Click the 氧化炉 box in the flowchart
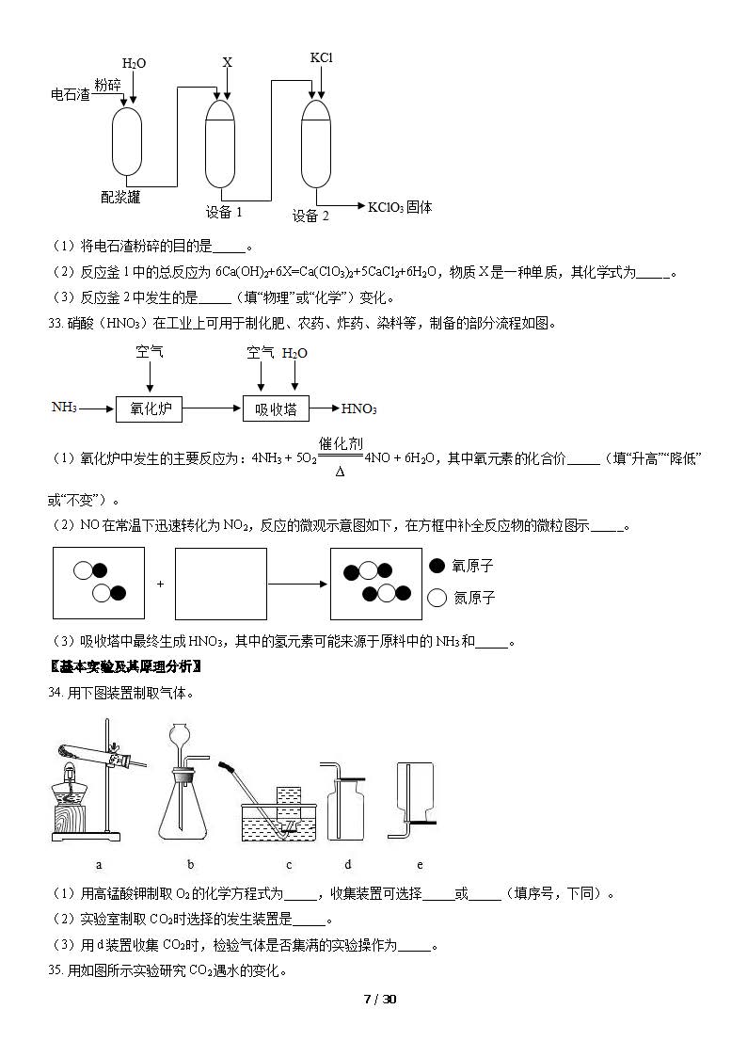point(149,408)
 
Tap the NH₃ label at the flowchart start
point(64,408)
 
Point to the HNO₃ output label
point(358,408)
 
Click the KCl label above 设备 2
point(322,58)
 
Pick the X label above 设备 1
point(227,62)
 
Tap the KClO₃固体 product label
point(400,207)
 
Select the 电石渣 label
point(70,94)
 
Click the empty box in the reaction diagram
point(221,584)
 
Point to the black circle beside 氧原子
point(437,566)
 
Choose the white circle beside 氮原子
point(437,598)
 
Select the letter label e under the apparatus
point(420,864)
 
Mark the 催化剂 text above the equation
point(341,443)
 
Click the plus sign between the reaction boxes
point(160,584)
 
